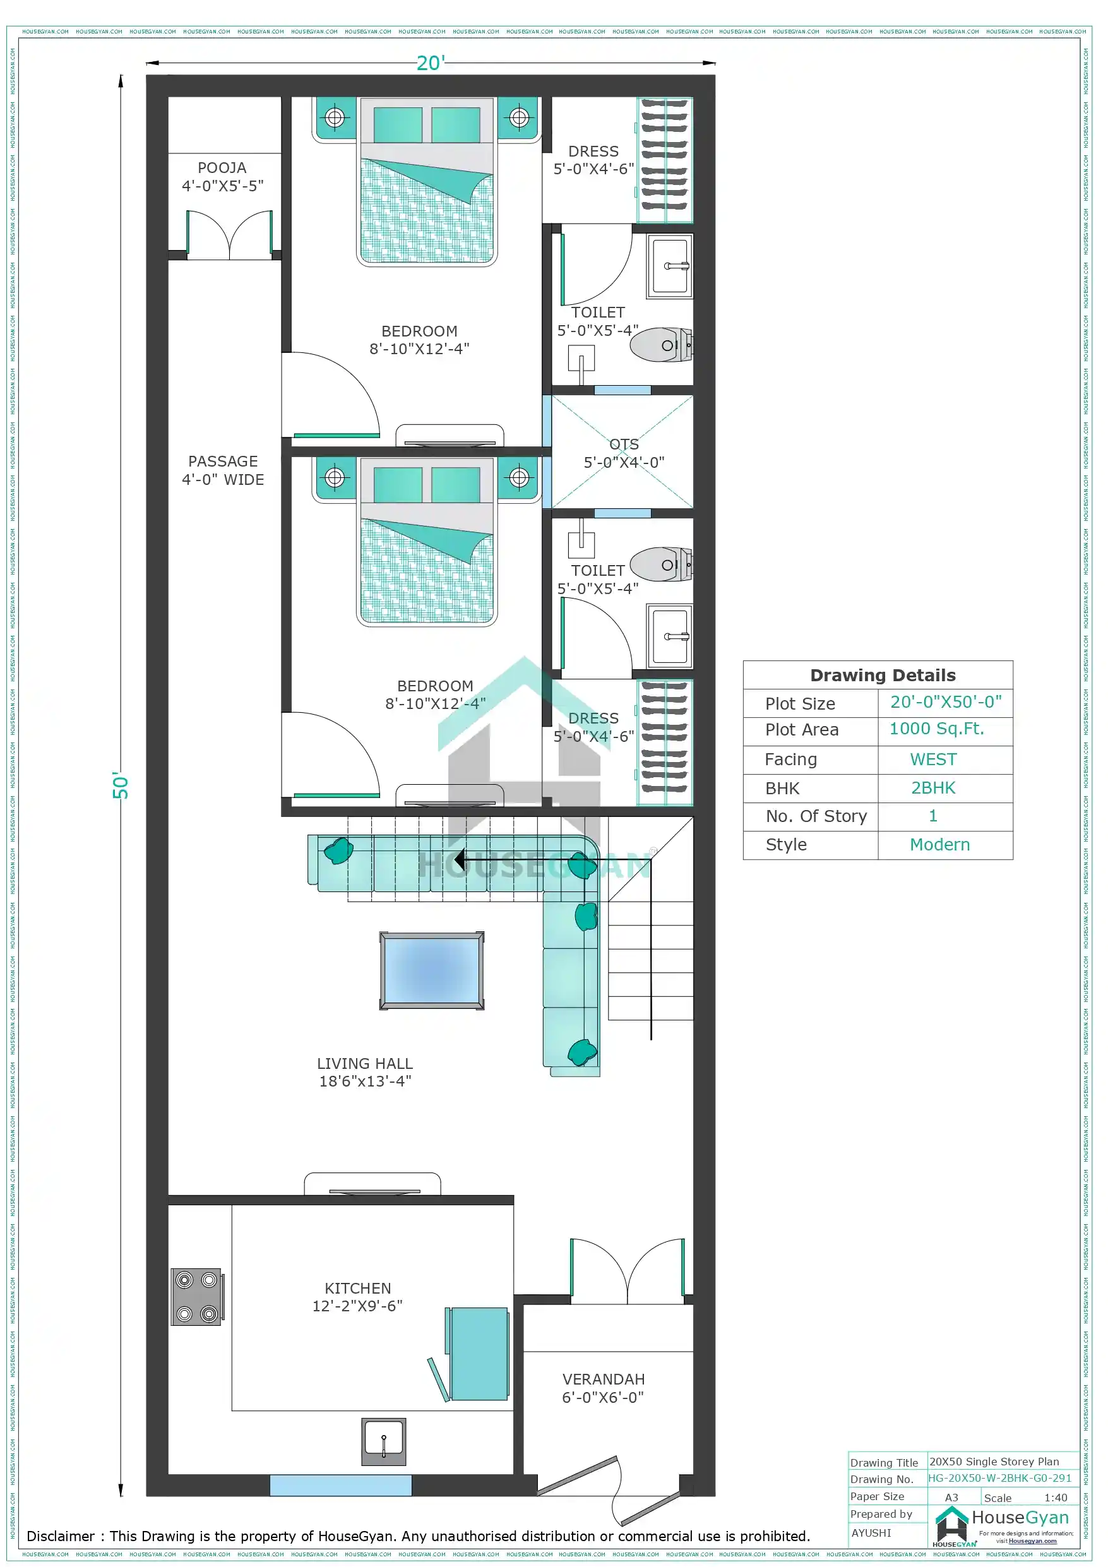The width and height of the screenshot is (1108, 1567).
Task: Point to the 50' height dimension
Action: pyautogui.click(x=120, y=786)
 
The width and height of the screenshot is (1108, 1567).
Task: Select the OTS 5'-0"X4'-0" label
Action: pyautogui.click(x=623, y=453)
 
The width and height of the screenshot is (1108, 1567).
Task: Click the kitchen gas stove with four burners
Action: pyautogui.click(x=196, y=1297)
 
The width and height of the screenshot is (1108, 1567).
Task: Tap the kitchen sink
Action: pyautogui.click(x=383, y=1441)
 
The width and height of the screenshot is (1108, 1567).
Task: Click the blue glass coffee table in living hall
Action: pyautogui.click(x=431, y=970)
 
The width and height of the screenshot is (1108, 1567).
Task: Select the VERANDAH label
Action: pyautogui.click(x=603, y=1379)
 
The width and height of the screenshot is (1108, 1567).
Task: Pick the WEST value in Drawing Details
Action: pyautogui.click(x=932, y=760)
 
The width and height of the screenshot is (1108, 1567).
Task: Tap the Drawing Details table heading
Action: pyautogui.click(x=882, y=675)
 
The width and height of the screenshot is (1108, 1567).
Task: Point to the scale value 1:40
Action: pyautogui.click(x=1055, y=1498)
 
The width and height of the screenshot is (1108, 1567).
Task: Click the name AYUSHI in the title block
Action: pyautogui.click(x=871, y=1532)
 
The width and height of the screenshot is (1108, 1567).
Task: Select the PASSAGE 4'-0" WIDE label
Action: pyautogui.click(x=223, y=470)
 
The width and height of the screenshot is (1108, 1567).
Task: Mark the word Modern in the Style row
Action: pyautogui.click(x=939, y=844)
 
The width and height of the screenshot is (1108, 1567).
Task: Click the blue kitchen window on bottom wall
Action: pyautogui.click(x=341, y=1485)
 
